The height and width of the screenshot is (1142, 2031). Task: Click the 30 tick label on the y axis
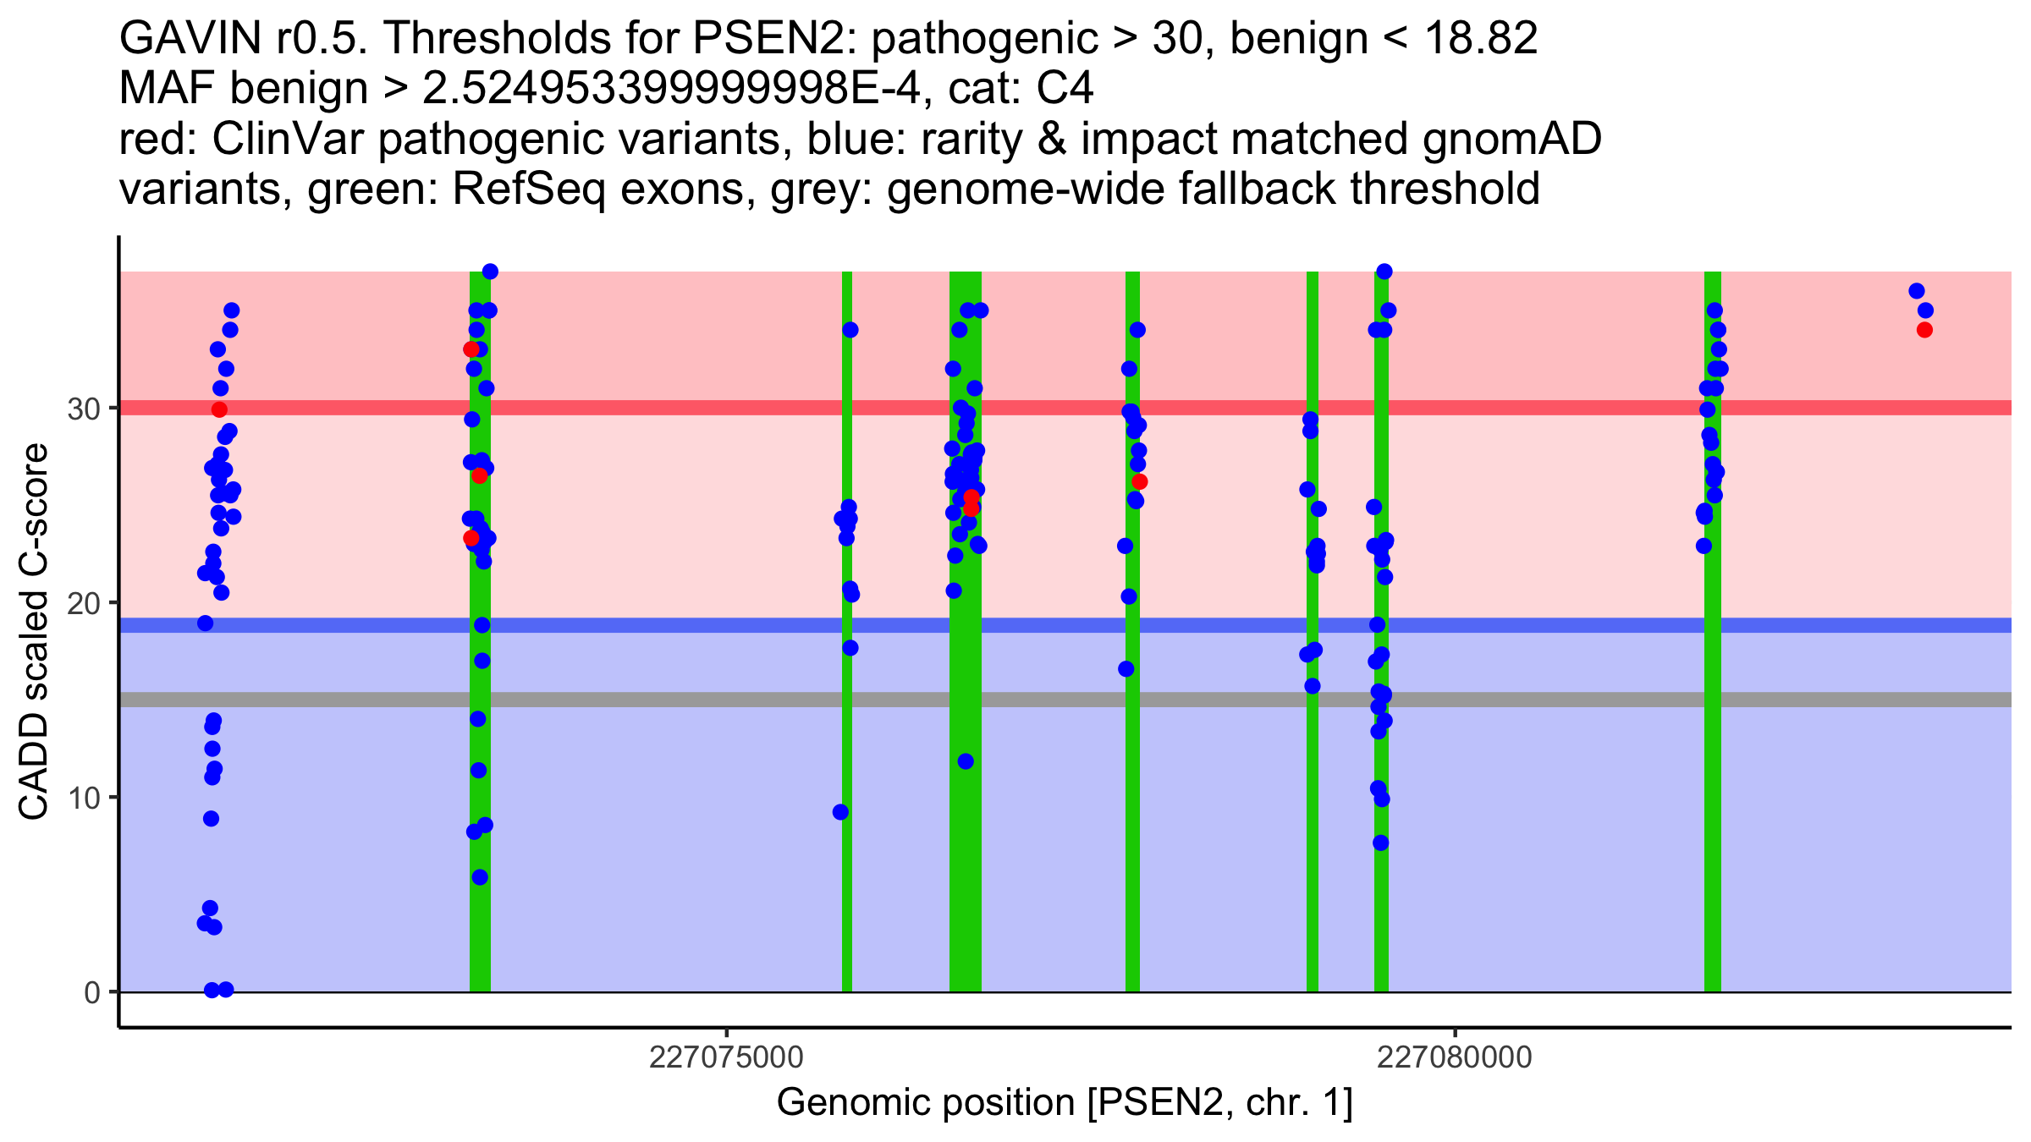pyautogui.click(x=83, y=409)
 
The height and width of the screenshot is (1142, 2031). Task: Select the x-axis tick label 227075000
pyautogui.click(x=726, y=1058)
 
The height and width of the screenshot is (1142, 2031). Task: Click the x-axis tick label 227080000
pyautogui.click(x=1455, y=1058)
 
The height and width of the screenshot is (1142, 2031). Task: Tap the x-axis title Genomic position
pyautogui.click(x=1065, y=1103)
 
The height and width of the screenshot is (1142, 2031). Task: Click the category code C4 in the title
pyautogui.click(x=1065, y=88)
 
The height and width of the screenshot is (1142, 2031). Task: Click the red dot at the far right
pyautogui.click(x=1924, y=330)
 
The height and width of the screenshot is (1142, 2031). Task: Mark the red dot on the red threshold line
pyautogui.click(x=219, y=409)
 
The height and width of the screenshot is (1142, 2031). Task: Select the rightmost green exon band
pyautogui.click(x=1712, y=846)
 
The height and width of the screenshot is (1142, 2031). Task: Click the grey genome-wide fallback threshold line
pyautogui.click(x=1523, y=700)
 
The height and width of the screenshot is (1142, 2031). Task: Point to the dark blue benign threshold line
pyautogui.click(x=1523, y=625)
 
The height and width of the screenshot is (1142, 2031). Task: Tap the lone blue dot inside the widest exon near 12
pyautogui.click(x=966, y=761)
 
